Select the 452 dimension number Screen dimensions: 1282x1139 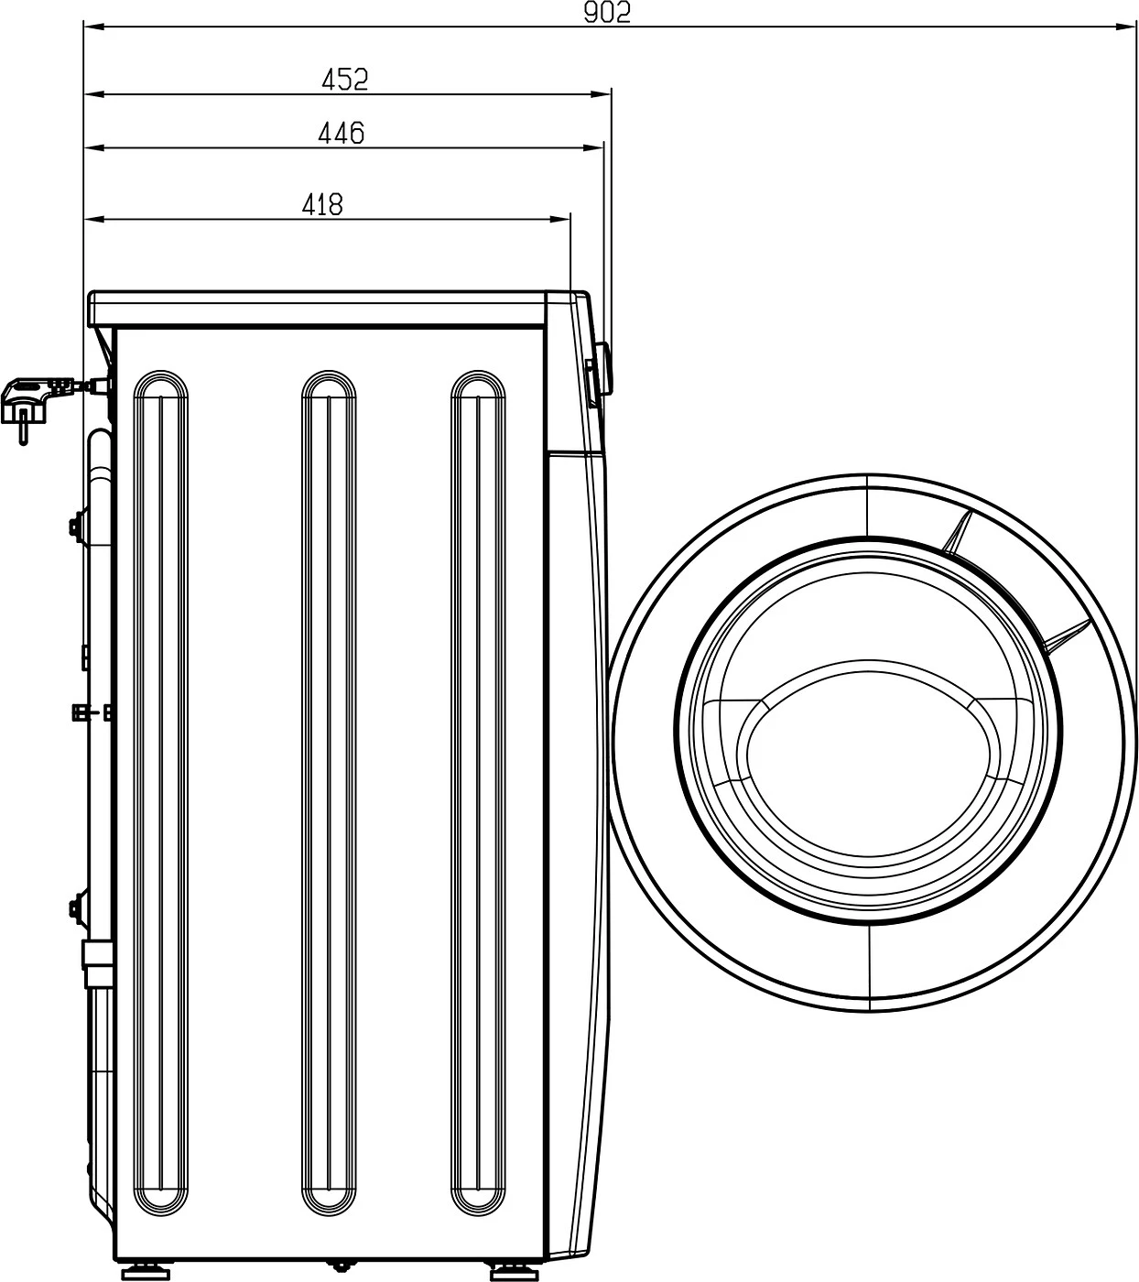pyautogui.click(x=344, y=80)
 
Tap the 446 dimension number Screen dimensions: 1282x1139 pyautogui.click(x=341, y=134)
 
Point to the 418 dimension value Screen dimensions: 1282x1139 pyautogui.click(x=322, y=204)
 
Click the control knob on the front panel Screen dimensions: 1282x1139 pyautogui.click(x=601, y=369)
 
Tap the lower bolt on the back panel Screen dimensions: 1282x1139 pyautogui.click(x=74, y=907)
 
